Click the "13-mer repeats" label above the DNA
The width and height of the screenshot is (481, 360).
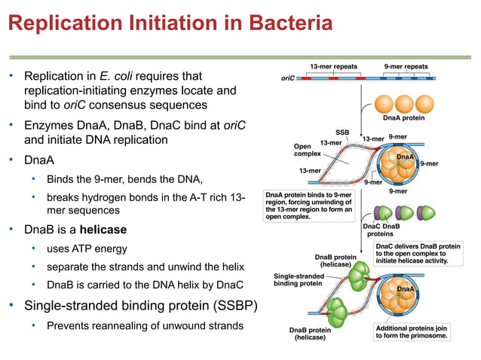pos(334,66)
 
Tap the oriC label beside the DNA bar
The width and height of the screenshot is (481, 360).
pos(287,78)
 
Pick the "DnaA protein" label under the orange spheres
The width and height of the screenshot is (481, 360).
pos(403,118)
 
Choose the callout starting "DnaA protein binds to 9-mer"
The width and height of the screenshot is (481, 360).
pos(308,204)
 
